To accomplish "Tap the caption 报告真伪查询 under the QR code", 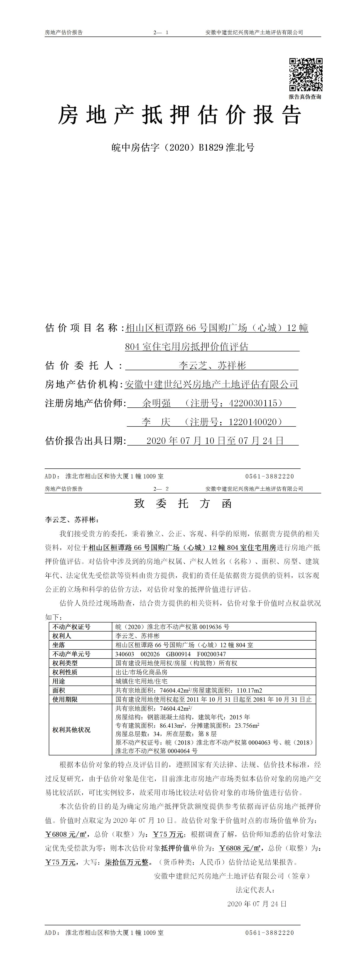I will click(305, 97).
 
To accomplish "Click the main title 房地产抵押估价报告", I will click(179, 115).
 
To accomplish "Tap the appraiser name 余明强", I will click(157, 403).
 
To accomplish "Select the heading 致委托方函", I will click(183, 503).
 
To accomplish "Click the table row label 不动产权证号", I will click(71, 627).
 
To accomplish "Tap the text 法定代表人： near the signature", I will click(255, 890).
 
